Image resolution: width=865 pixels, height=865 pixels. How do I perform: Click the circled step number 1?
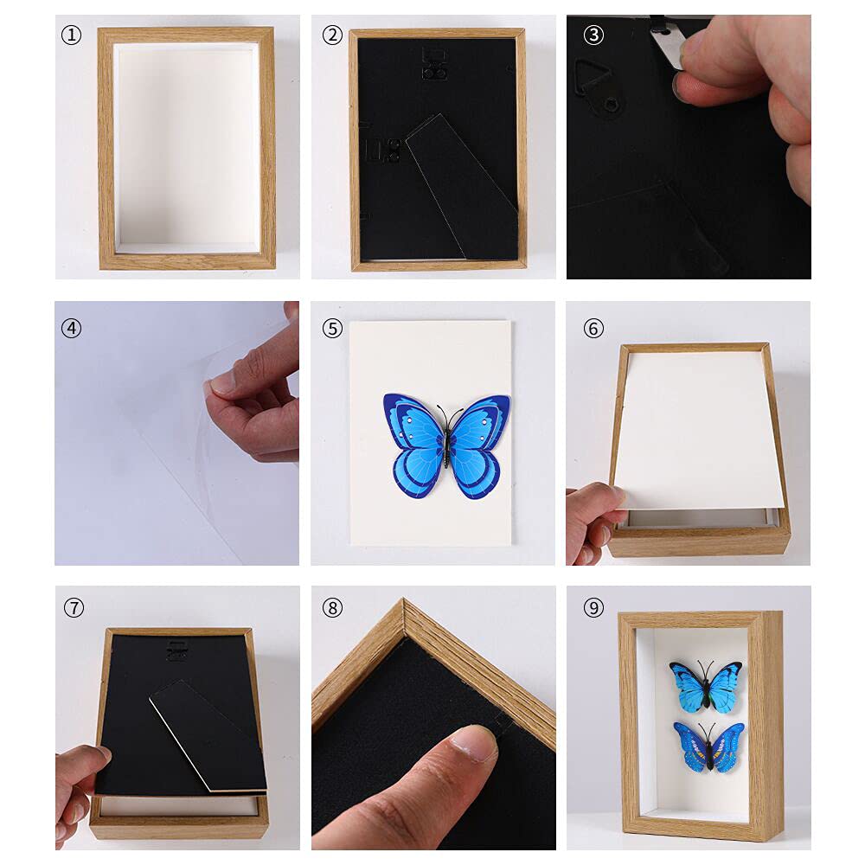(71, 35)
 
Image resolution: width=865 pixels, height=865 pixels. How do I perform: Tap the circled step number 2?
(332, 35)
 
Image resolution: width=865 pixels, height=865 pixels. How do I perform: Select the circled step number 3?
(593, 35)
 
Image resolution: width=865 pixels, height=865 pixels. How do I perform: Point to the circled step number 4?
(71, 329)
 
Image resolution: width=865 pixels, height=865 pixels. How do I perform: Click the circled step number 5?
(332, 329)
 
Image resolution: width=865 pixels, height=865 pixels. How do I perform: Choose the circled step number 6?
(593, 329)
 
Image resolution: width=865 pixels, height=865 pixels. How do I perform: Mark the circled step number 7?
(74, 608)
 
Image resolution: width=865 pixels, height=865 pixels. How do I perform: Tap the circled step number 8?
(332, 608)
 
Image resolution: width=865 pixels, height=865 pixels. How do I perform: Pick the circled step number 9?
(593, 608)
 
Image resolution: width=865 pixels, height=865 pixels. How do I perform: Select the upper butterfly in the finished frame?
(706, 685)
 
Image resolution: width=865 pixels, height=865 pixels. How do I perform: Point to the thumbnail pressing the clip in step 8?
(475, 741)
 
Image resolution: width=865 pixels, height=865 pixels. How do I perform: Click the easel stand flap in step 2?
(463, 186)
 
